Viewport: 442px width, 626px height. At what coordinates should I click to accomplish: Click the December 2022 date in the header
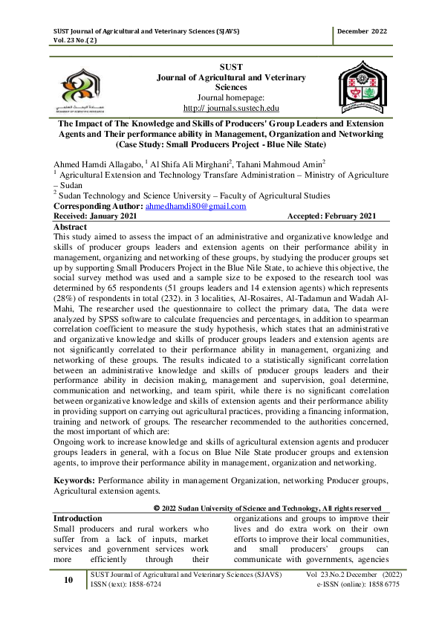(362, 31)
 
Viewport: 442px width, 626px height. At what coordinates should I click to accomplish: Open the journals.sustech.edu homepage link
(220, 108)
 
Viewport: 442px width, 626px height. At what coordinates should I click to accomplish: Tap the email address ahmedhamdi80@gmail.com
(195, 206)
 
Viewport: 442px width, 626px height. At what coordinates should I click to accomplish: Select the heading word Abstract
(71, 226)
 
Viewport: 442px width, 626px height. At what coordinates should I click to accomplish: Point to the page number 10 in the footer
(68, 580)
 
